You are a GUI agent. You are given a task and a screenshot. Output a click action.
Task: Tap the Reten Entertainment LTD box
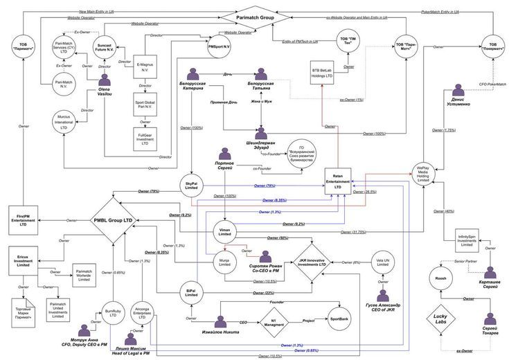pyautogui.click(x=338, y=181)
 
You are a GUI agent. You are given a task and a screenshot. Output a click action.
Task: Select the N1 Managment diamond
pyautogui.click(x=274, y=321)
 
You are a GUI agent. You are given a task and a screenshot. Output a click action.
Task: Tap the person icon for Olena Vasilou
pyautogui.click(x=106, y=82)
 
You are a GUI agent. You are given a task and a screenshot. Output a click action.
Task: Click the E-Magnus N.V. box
pyautogui.click(x=141, y=64)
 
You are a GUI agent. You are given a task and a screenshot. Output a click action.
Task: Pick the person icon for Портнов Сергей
pyautogui.click(x=224, y=154)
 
